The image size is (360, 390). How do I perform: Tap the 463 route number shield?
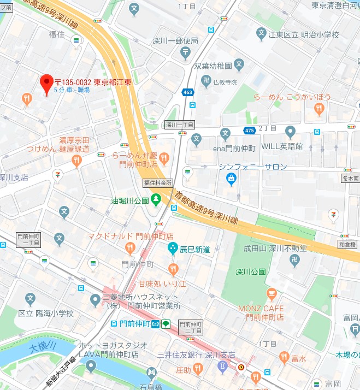(187, 92)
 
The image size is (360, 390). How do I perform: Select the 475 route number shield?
(250, 130)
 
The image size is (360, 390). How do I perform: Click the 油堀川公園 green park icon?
(157, 200)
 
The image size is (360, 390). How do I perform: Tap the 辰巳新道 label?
(196, 249)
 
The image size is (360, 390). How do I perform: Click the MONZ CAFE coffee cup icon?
(271, 295)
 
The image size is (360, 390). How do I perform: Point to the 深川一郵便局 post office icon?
(186, 52)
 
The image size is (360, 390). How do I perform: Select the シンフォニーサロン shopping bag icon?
(231, 178)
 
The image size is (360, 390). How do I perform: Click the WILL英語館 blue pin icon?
(290, 132)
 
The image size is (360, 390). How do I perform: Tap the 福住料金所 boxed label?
(158, 182)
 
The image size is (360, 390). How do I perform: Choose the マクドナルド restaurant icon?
(129, 249)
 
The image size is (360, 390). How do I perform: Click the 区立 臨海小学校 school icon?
(31, 299)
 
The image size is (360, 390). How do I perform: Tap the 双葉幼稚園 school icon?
(239, 65)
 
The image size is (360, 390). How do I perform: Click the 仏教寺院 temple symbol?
(206, 82)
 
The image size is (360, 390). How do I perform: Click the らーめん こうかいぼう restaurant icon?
(320, 110)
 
